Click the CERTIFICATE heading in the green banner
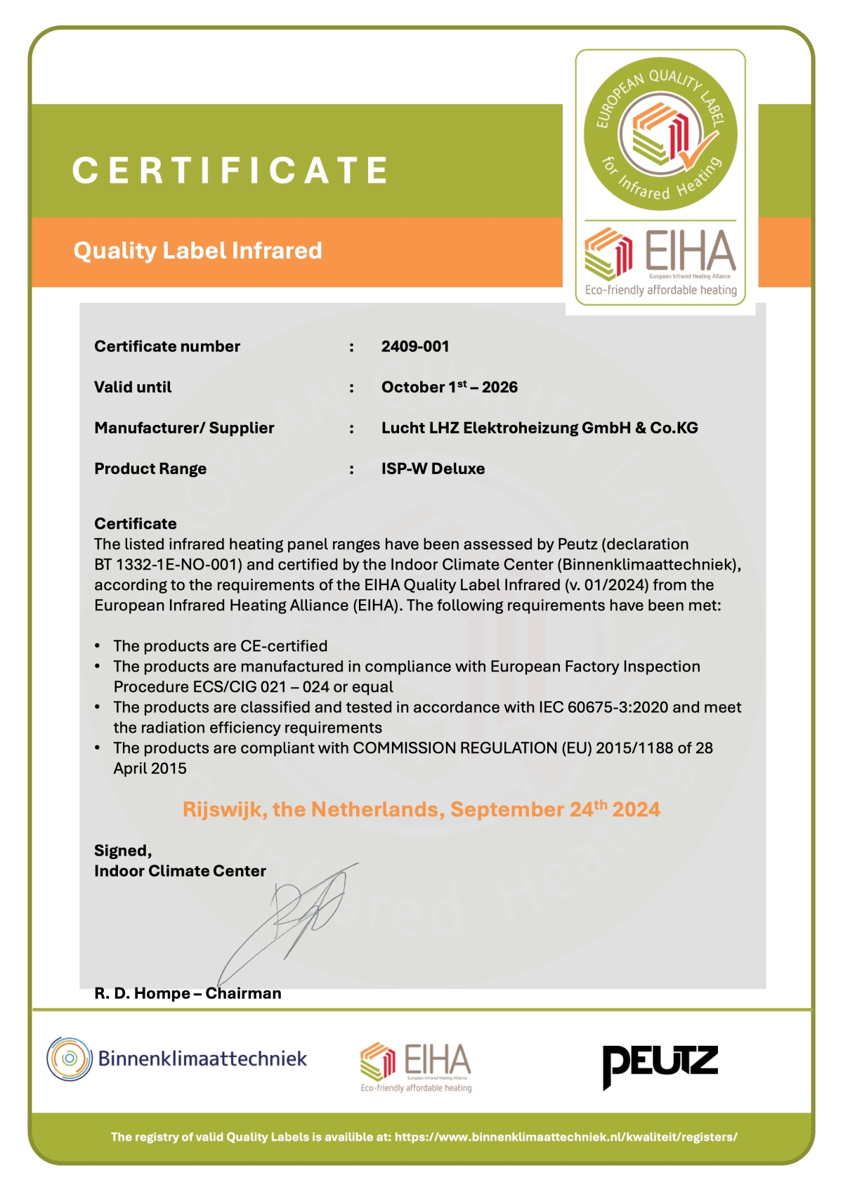point(230,171)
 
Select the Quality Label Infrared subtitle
point(197,251)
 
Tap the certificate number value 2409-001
point(414,346)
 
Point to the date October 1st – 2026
point(449,387)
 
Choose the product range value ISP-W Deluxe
point(433,469)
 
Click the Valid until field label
point(133,387)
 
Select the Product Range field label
point(150,469)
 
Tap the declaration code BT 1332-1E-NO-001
point(168,565)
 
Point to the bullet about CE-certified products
point(220,646)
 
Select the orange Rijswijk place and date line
point(421,809)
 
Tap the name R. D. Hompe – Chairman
point(188,993)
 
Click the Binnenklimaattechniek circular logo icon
point(70,1059)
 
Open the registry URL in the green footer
point(566,1137)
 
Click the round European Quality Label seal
point(660,133)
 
